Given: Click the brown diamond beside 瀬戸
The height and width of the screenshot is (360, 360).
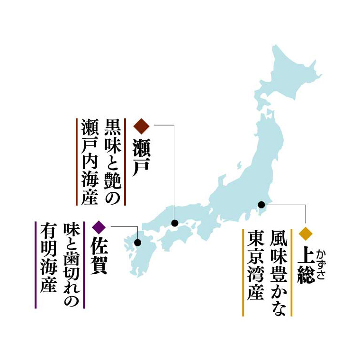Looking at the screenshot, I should (142, 126).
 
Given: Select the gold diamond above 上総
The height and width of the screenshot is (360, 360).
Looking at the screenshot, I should (306, 233).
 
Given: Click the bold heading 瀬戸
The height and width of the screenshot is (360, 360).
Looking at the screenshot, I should (142, 155).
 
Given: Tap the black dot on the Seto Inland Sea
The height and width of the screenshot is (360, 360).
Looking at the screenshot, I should (175, 223).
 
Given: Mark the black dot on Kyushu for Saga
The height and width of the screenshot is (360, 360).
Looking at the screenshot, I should (138, 243).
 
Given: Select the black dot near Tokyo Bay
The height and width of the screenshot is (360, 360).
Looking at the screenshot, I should (261, 205).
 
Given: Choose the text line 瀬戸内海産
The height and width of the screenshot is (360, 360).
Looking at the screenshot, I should (89, 161).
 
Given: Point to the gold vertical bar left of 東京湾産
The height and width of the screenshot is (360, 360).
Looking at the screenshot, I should (243, 272).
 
